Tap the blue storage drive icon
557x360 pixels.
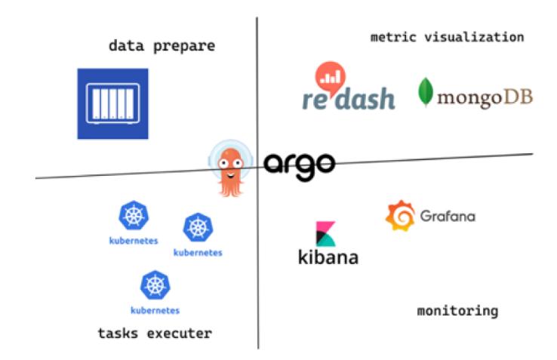[x=112, y=103]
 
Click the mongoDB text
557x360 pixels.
[x=486, y=98]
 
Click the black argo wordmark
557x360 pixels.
[x=299, y=163]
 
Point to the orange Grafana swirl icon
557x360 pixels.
[x=399, y=217]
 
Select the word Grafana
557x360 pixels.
[x=449, y=217]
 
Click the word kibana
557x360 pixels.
[x=328, y=257]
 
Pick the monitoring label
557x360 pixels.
[x=457, y=309]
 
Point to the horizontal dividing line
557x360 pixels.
[x=121, y=176]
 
